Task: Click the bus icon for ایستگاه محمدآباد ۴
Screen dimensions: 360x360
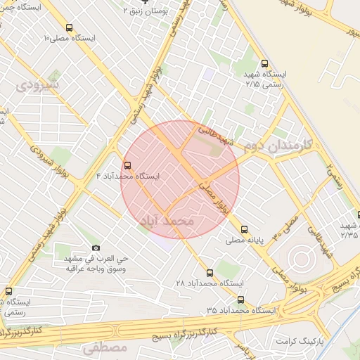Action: tap(127, 166)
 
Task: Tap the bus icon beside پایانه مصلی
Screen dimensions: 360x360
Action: tap(244, 229)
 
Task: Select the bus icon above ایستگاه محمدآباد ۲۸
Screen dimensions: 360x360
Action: tap(210, 272)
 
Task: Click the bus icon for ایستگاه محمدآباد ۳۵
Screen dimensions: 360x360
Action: tap(241, 300)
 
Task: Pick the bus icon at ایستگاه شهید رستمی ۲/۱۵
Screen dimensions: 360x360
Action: tap(264, 63)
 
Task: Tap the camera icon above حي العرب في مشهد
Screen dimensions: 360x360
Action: tap(96, 248)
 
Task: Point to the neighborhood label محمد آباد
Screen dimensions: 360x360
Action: tap(167, 221)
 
